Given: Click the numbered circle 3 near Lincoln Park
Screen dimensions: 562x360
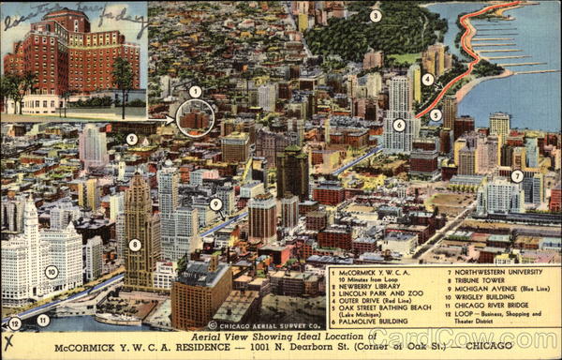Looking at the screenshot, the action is [376, 16].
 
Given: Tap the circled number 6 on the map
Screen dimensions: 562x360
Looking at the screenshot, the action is [399, 125].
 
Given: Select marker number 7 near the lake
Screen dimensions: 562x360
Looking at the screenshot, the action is [517, 175].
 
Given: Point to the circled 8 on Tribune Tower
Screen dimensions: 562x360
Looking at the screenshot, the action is [135, 245].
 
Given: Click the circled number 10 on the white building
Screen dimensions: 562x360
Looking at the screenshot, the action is [52, 272].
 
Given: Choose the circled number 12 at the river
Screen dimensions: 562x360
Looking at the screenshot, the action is [14, 322].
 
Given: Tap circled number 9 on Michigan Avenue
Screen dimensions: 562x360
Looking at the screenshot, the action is [215, 203].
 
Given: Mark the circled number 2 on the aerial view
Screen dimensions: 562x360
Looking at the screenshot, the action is [132, 139].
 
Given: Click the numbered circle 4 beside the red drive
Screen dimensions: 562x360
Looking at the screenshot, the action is [427, 79].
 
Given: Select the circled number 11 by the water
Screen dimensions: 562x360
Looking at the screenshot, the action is [43, 321].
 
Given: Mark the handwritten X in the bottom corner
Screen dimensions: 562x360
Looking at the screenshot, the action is [9, 342].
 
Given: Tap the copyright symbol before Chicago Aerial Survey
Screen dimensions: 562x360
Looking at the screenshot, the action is [213, 325].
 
